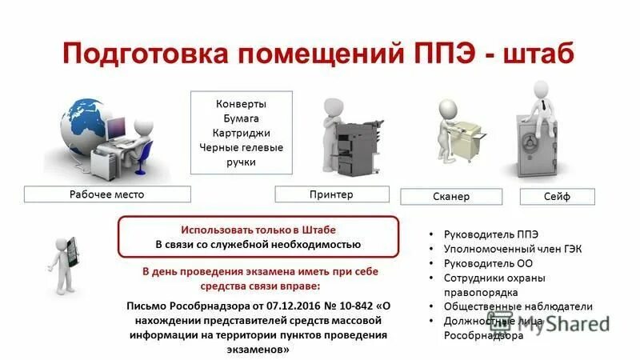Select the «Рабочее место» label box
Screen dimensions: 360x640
click(x=107, y=194)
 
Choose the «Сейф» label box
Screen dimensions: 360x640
click(x=557, y=196)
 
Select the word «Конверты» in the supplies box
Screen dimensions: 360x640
click(x=242, y=104)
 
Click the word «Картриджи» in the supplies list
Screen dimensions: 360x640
click(x=242, y=133)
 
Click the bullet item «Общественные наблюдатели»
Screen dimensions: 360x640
click(x=518, y=306)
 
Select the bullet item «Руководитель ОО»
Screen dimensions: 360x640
click(x=488, y=263)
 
